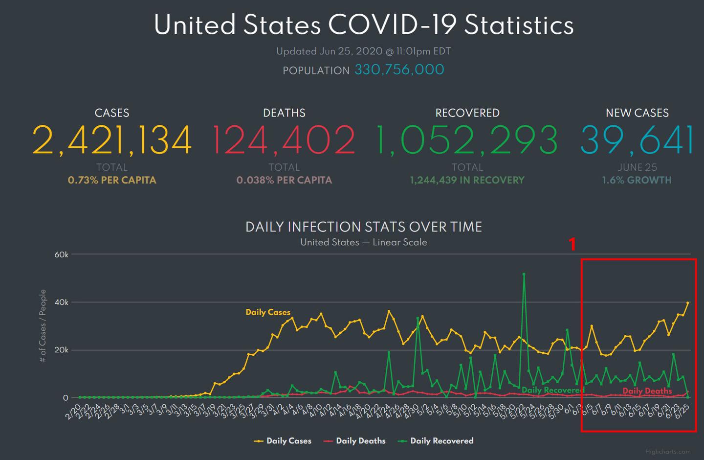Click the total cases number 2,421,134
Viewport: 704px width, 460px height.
coord(112,140)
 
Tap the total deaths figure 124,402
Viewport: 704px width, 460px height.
coord(284,140)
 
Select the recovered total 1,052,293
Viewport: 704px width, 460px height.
coord(467,140)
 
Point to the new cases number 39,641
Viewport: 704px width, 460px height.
coord(637,140)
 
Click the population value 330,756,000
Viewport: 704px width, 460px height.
coord(399,70)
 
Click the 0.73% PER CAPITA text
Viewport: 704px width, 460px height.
coord(112,180)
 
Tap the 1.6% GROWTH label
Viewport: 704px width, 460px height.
coord(637,180)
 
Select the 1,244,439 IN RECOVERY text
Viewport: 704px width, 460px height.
coord(467,180)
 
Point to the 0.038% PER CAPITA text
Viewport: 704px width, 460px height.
coord(284,180)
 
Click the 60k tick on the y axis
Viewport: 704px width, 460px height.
coord(61,254)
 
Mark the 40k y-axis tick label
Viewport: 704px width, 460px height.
coord(61,302)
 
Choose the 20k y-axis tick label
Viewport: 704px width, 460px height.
coord(61,350)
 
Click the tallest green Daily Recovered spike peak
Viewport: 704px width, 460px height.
coord(524,274)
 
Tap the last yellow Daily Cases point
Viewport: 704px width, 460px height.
coord(688,303)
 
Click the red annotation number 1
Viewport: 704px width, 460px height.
coord(572,244)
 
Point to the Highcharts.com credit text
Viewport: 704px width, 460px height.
coord(668,452)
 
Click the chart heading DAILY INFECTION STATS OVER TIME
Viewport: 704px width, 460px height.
coord(364,227)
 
